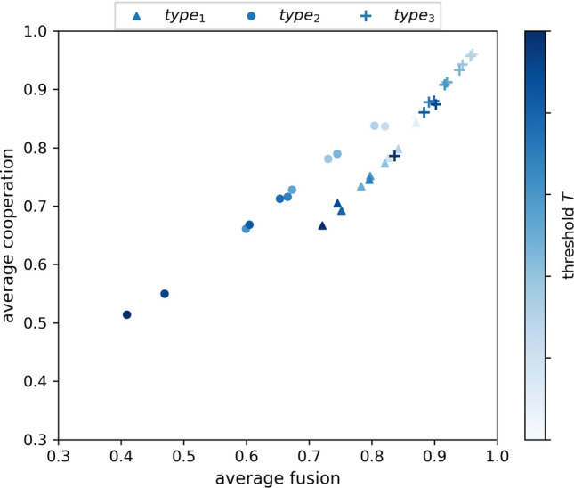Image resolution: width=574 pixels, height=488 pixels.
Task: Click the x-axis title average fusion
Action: coord(278,477)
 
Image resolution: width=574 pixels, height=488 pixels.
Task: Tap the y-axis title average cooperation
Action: coord(11,235)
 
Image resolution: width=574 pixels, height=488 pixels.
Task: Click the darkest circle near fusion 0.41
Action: coord(127,314)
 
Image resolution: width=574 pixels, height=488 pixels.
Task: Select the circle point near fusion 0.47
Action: coord(165,294)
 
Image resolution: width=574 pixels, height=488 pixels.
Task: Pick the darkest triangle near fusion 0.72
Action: coord(322,225)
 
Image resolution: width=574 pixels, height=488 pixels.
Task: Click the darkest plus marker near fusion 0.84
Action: coord(394,156)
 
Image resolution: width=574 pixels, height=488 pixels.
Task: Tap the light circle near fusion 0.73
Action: coord(328,159)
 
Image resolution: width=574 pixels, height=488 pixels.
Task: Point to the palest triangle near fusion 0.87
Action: coord(416,123)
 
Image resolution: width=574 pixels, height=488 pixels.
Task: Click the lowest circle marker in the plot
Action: coord(127,314)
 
